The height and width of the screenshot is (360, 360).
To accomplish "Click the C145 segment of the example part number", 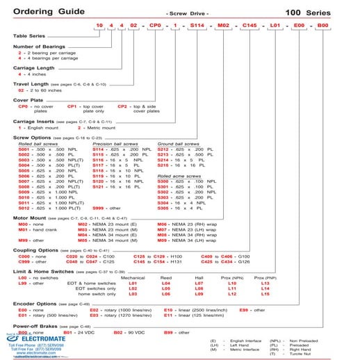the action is coord(261,25).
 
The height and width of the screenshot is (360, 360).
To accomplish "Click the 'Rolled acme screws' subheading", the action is coord(179,197).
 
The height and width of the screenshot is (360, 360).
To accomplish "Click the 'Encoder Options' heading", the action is coord(39,323).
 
